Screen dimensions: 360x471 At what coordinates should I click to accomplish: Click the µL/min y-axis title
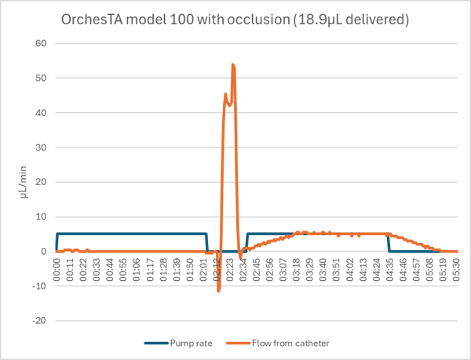[x=25, y=182]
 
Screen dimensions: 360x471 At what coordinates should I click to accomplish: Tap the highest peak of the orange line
[x=233, y=65]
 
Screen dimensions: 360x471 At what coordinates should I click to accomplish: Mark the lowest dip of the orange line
[x=219, y=291]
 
